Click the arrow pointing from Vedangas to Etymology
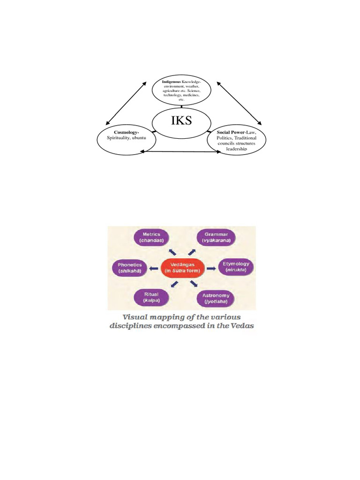tap(211, 268)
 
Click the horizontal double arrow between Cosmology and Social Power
tap(183, 151)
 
